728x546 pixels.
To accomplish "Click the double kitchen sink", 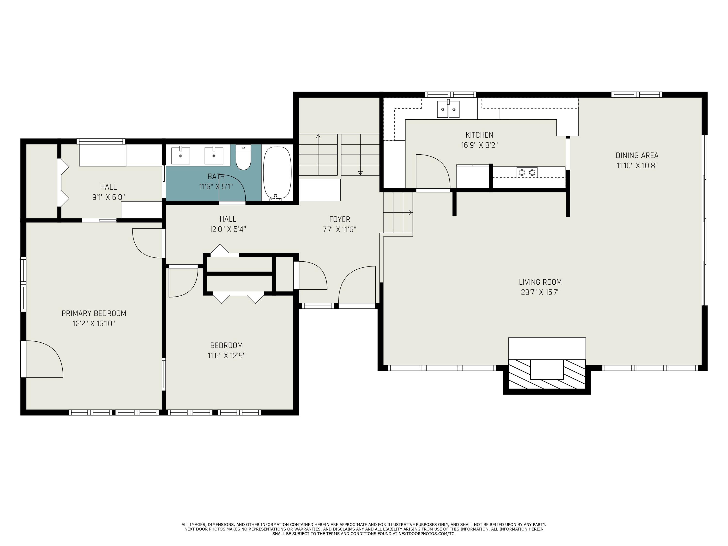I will tap(448, 109).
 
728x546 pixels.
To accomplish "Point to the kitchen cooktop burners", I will tap(527, 172).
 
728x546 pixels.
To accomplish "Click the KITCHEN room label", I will tap(479, 135).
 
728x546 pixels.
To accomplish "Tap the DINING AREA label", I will tap(637, 155).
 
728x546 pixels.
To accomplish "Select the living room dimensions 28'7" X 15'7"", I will tap(540, 292).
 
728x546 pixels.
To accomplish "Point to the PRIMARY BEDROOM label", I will tap(94, 313).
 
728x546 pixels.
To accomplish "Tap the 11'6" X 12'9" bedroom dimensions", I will tap(226, 356).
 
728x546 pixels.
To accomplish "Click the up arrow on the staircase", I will tap(318, 136).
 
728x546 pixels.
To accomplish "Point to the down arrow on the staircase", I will tap(360, 173).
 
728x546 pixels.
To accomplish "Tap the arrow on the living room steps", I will tap(410, 213).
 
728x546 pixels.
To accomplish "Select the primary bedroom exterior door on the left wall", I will tap(24, 359).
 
